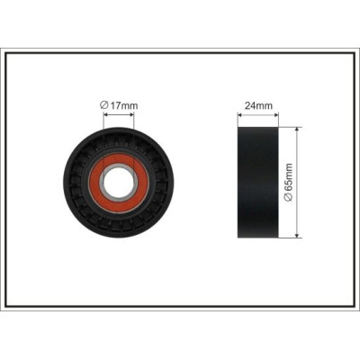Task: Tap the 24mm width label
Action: pos(258,105)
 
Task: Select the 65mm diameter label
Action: pos(288,183)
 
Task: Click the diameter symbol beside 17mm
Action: pos(103,105)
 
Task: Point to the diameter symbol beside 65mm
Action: pos(288,198)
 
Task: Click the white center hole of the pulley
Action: pos(119,182)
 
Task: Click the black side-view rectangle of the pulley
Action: pos(258,183)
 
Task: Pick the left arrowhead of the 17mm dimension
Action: pos(105,114)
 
